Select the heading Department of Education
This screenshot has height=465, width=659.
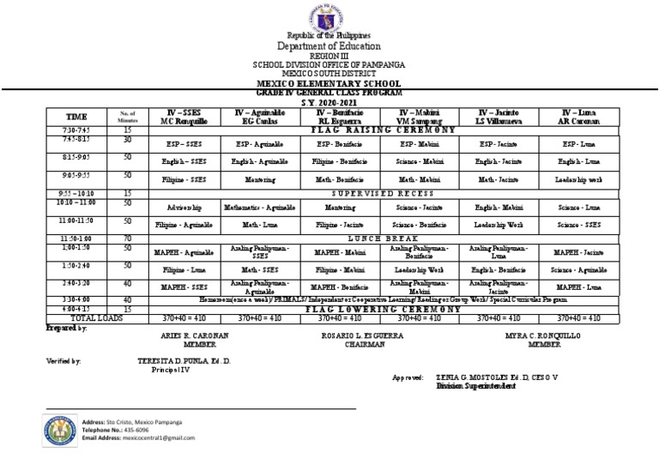pyautogui.click(x=329, y=45)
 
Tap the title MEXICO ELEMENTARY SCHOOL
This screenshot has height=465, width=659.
pyautogui.click(x=329, y=83)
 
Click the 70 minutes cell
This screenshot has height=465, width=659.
pyautogui.click(x=127, y=238)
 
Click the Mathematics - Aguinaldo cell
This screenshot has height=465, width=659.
pyautogui.click(x=259, y=207)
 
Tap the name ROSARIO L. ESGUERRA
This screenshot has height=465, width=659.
pyautogui.click(x=359, y=335)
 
